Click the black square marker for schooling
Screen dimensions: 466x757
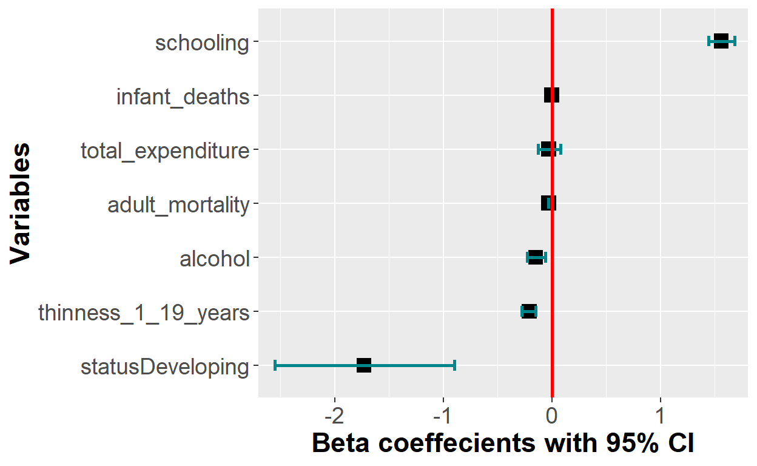[x=721, y=41]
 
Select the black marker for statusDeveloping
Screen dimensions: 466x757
[x=364, y=365]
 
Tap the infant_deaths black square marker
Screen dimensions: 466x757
[x=551, y=95]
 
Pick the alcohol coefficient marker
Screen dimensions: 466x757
[x=536, y=257]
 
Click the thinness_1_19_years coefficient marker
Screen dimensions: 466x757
[x=529, y=311]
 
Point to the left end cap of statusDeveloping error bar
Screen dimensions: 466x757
[x=275, y=365]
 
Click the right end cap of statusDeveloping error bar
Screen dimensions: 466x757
[x=454, y=365]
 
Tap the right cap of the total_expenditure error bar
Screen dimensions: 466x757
[x=561, y=149]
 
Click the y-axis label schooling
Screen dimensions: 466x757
[x=202, y=43]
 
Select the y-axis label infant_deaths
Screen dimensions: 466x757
[x=183, y=96]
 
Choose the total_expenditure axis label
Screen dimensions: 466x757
[x=165, y=150]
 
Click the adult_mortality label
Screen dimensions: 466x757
[x=178, y=205]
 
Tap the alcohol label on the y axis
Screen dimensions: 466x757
[x=215, y=259]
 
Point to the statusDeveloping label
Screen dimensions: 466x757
[x=165, y=367]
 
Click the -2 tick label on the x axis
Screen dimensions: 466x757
[x=334, y=418]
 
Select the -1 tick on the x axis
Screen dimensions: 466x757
[x=443, y=418]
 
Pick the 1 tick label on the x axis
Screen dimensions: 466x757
[x=661, y=418]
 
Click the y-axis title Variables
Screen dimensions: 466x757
[x=21, y=203]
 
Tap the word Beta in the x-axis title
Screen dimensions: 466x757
[x=341, y=444]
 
